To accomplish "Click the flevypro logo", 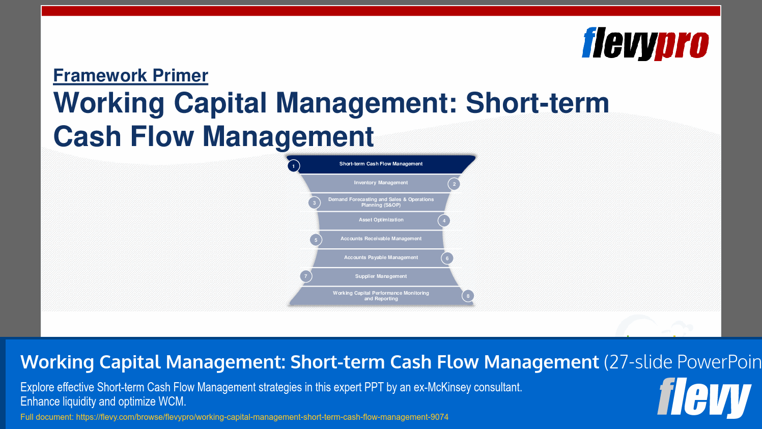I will click(645, 44).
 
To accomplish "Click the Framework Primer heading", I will click(131, 75).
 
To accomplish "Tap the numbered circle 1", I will click(294, 166).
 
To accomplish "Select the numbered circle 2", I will click(454, 184).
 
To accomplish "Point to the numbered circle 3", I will click(314, 203).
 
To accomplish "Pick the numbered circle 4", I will click(444, 221).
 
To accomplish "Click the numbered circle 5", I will click(316, 240).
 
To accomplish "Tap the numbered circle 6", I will click(447, 259).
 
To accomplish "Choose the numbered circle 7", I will click(305, 276).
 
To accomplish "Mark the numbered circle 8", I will click(468, 296).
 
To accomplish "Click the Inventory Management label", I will click(381, 183).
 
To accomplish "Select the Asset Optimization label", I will click(381, 220).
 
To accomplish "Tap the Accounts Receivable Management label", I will click(381, 239).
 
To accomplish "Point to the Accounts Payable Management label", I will click(381, 258).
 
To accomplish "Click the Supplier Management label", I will click(381, 276).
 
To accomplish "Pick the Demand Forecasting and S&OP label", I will click(381, 202).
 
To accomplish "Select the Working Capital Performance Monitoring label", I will click(381, 296).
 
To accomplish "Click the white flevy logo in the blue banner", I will click(704, 397).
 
